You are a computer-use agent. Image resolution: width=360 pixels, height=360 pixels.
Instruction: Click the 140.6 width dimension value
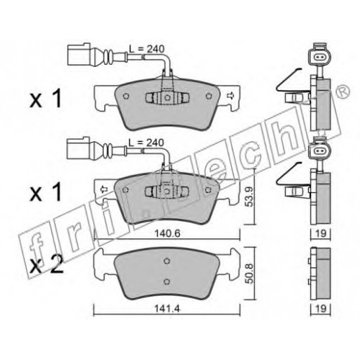pyautogui.click(x=167, y=233)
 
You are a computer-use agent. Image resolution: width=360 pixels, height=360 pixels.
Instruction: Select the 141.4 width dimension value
pyautogui.click(x=167, y=309)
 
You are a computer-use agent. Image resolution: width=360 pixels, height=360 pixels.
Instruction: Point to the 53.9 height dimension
pyautogui.click(x=250, y=197)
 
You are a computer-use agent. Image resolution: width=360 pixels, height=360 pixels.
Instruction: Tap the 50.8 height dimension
pyautogui.click(x=250, y=274)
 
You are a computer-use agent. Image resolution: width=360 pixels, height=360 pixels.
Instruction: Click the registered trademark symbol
pyautogui.click(x=343, y=91)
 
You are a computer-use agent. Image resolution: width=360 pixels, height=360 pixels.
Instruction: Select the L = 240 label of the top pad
pyautogui.click(x=147, y=49)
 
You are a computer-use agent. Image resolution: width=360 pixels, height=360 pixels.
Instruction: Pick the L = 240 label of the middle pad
pyautogui.click(x=146, y=143)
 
